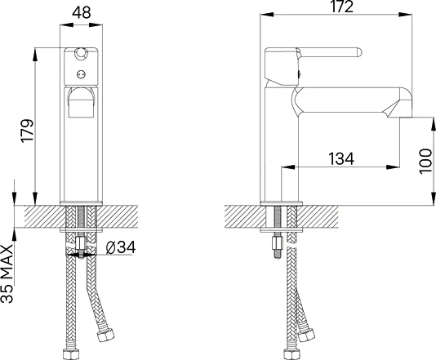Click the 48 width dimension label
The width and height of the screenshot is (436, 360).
[x=81, y=12]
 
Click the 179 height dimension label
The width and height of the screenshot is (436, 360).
[x=27, y=131]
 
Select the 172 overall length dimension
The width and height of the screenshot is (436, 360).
[x=342, y=7]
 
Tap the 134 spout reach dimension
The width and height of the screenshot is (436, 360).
[x=341, y=158]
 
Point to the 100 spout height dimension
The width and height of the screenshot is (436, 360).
[x=425, y=162]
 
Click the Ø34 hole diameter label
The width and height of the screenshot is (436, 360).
[x=121, y=247]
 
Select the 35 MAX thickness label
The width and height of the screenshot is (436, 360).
[x=7, y=273]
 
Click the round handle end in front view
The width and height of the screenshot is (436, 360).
[x=81, y=52]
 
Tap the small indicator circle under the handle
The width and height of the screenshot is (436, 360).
[x=81, y=74]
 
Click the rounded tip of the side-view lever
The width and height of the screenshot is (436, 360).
[x=359, y=53]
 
